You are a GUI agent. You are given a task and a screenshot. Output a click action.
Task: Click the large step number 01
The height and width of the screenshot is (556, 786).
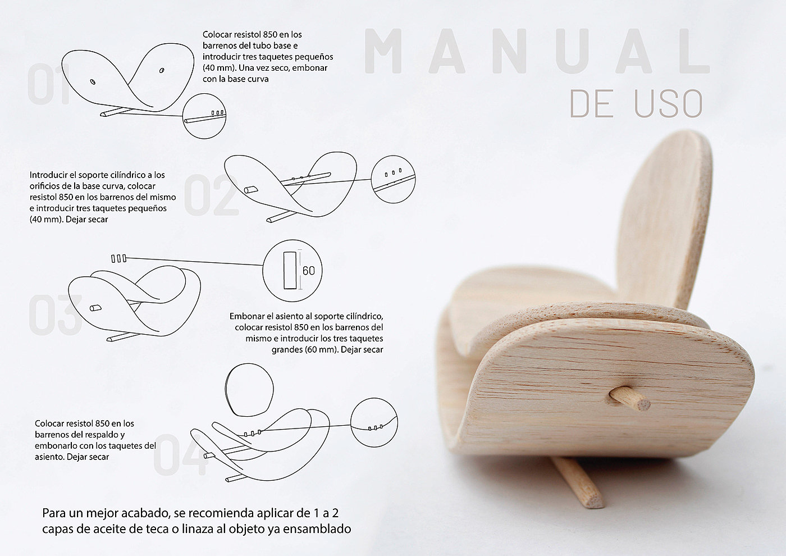click(x=49, y=85)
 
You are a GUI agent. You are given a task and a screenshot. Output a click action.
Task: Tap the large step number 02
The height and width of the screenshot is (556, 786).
click(x=210, y=195)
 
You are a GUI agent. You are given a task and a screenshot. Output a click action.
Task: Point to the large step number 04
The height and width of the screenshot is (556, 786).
click(x=179, y=455)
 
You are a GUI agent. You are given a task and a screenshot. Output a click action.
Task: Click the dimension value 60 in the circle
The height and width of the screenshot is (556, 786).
click(x=309, y=271)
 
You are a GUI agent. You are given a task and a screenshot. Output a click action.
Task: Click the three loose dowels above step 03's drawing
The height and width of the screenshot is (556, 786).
click(x=118, y=258)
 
